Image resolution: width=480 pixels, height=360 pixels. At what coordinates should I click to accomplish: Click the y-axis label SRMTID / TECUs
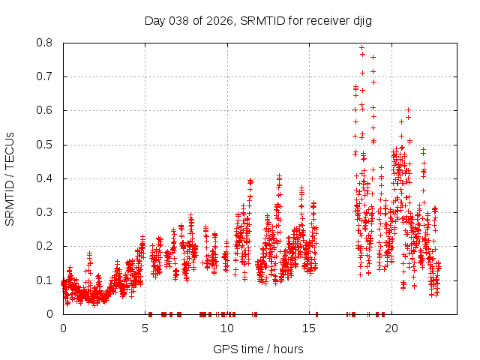click(10, 178)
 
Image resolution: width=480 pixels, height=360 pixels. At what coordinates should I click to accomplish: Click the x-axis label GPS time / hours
click(258, 349)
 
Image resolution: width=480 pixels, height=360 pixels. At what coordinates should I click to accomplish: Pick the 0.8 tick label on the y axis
click(47, 43)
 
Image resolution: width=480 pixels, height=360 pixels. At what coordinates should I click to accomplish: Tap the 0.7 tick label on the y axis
click(47, 76)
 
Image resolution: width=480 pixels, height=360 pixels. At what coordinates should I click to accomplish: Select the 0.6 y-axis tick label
click(47, 110)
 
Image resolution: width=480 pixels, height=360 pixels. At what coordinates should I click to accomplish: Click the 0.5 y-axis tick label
click(47, 144)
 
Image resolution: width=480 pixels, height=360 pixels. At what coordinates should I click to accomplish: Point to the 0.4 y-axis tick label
click(47, 178)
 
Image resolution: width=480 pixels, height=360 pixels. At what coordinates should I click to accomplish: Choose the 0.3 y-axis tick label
click(47, 212)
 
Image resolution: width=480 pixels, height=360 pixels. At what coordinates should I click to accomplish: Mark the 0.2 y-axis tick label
click(47, 246)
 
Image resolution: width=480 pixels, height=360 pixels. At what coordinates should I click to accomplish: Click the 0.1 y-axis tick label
click(47, 280)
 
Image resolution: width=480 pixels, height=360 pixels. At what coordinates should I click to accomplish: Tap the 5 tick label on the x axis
click(145, 328)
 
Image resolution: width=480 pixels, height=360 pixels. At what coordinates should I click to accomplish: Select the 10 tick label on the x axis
click(227, 328)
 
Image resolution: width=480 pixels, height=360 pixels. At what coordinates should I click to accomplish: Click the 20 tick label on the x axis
click(391, 328)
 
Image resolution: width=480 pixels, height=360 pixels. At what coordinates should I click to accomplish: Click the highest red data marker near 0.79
click(361, 48)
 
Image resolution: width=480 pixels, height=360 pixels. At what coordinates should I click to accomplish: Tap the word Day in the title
click(154, 20)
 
